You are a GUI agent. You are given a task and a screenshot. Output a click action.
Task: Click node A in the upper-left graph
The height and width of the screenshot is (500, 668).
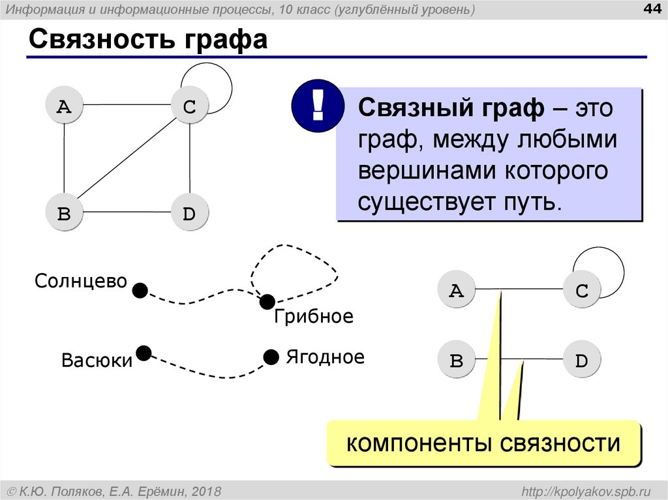tap(64, 106)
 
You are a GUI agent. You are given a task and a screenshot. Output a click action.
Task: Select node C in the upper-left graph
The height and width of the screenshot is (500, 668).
tap(189, 106)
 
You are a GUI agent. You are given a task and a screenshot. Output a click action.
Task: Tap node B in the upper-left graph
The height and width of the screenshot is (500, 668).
tap(64, 213)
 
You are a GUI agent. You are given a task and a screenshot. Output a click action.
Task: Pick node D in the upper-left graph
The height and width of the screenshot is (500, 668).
tap(189, 213)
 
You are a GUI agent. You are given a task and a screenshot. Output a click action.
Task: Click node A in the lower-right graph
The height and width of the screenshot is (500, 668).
tap(457, 290)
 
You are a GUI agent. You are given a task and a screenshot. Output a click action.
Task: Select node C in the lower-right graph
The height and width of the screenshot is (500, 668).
tap(582, 290)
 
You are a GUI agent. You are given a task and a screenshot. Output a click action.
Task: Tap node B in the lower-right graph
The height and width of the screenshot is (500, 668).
tap(457, 360)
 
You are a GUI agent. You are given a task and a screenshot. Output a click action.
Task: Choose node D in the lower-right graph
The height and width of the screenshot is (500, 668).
tap(582, 360)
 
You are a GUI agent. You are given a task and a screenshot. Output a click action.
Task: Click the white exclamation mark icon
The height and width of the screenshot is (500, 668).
tap(318, 106)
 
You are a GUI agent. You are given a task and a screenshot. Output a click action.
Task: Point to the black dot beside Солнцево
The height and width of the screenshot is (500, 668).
tap(140, 289)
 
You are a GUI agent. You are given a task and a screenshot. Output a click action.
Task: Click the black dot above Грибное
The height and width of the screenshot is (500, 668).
tap(267, 302)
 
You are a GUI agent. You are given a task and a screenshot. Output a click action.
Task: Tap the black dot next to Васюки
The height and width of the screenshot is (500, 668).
tap(144, 353)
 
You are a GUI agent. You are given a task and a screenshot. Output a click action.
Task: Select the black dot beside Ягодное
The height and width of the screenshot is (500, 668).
tap(271, 357)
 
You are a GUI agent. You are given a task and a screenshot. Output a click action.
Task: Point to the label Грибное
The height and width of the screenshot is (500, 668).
tap(313, 317)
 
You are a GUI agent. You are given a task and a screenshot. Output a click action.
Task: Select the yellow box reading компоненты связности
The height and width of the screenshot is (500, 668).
tap(483, 444)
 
